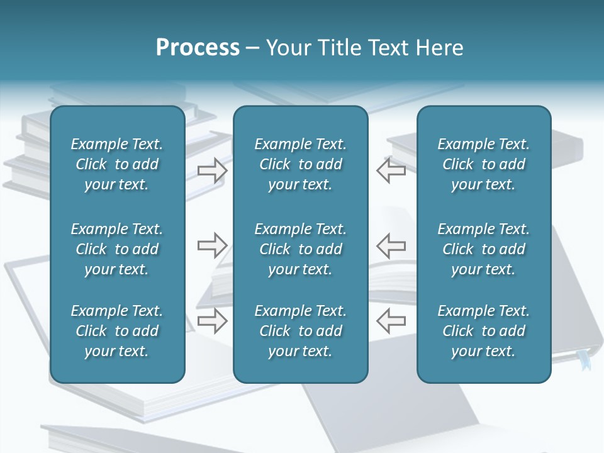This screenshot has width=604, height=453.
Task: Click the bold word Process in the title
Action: [x=198, y=48]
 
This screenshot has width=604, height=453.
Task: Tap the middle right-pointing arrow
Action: [x=212, y=245]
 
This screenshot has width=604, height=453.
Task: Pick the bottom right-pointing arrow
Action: [x=212, y=320]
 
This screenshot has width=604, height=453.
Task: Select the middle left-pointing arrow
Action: [x=391, y=245]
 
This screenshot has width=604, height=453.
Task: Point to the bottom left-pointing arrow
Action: [x=391, y=320]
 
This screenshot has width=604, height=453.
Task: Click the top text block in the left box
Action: [x=117, y=164]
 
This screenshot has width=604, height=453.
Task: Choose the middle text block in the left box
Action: [x=117, y=249]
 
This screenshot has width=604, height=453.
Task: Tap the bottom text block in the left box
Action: [x=117, y=331]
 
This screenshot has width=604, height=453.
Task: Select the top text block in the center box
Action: [x=300, y=164]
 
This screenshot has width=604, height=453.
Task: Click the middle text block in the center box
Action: [x=300, y=249]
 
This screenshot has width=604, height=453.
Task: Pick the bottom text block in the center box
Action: [x=300, y=331]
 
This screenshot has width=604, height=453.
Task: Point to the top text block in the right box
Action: [x=483, y=164]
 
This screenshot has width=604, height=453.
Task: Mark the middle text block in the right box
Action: [x=483, y=249]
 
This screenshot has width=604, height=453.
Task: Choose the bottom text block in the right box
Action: [x=483, y=331]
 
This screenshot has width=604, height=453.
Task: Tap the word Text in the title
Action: [x=388, y=48]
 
